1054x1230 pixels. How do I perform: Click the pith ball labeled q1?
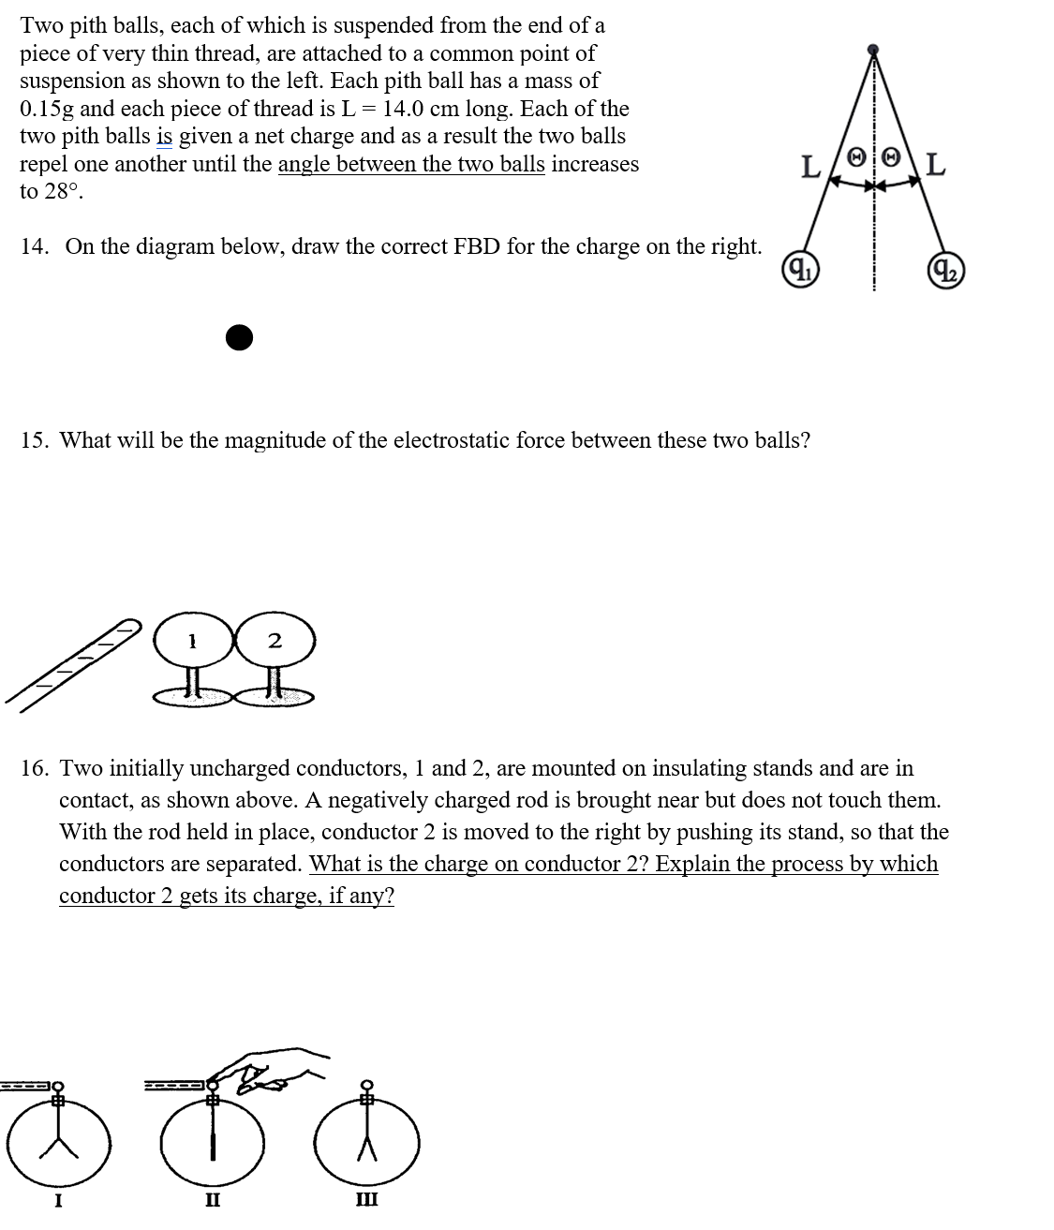[800, 270]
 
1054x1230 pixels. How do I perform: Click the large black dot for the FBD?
[240, 337]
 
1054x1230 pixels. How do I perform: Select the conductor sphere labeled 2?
[275, 641]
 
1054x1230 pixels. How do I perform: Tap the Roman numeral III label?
[366, 1199]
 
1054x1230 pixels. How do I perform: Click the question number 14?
[34, 246]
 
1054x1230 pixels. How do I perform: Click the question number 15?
[34, 440]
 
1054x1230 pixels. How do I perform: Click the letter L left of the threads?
[811, 169]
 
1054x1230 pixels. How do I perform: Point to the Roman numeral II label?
[213, 1199]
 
